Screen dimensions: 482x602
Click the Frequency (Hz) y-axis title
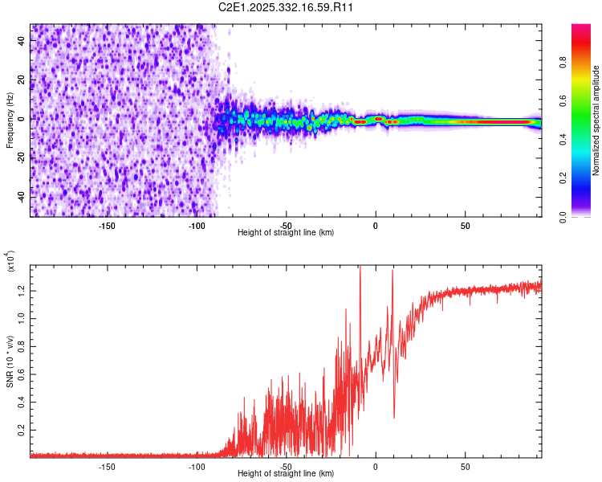(10, 120)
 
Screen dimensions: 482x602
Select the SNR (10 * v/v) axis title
(10, 358)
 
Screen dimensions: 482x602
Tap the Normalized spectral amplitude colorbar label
(596, 121)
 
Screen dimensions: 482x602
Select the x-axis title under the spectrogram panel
(286, 232)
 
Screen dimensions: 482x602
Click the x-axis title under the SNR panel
(286, 473)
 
